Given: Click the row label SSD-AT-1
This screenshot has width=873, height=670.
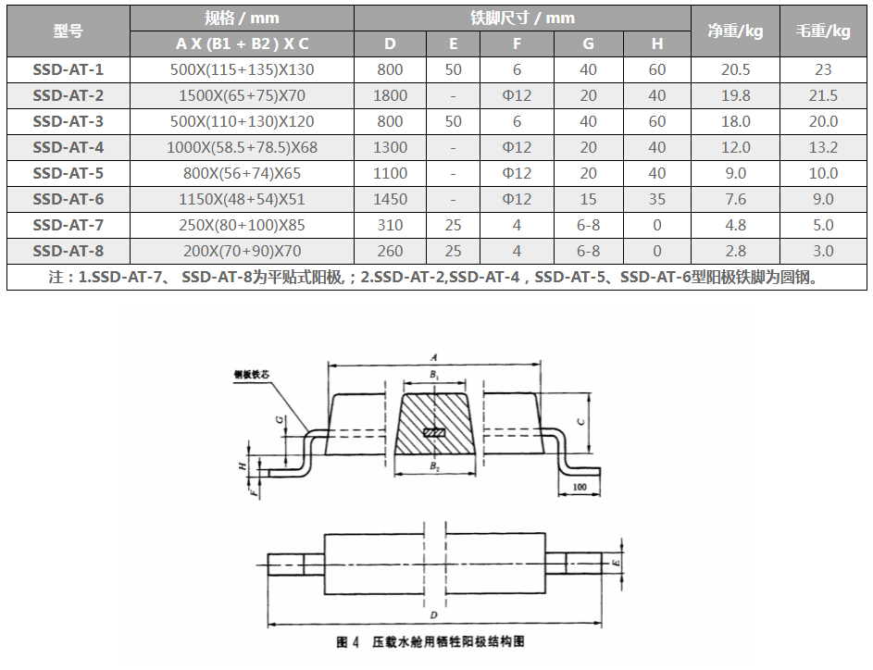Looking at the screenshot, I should (69, 69).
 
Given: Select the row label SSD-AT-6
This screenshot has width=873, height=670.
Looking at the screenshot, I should (69, 199).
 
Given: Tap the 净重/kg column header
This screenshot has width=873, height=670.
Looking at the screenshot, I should (735, 31).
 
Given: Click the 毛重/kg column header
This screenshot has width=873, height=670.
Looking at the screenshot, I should (823, 31).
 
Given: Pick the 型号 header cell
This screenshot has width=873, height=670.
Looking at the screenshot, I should (69, 31).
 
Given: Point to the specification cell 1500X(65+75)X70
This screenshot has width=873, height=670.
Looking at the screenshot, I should (242, 95).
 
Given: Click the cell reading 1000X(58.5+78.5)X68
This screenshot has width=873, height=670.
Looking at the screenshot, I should (242, 147).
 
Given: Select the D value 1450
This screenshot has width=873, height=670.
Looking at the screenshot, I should (390, 199).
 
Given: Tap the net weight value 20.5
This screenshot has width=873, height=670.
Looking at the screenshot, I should (735, 69).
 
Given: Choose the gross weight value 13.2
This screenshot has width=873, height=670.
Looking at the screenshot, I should (823, 147).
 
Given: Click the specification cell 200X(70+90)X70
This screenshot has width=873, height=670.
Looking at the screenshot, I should (242, 251).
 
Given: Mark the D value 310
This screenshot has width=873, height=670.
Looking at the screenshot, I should (390, 225).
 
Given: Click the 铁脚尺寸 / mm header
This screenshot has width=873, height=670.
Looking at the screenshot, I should (522, 18).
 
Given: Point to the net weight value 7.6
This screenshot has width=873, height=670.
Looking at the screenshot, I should (735, 199).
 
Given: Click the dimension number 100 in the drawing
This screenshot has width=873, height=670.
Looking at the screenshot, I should (580, 486).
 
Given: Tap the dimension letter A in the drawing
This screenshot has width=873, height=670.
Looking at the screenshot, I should (433, 355).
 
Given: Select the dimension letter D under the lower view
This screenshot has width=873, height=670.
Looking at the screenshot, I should (433, 614).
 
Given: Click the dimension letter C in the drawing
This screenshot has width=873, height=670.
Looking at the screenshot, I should (580, 421).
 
